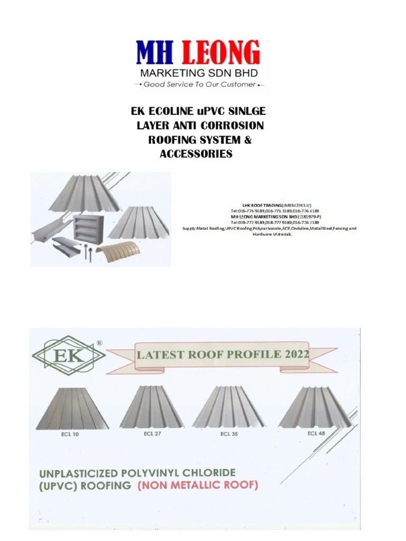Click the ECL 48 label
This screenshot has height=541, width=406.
pyautogui.click(x=316, y=434)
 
